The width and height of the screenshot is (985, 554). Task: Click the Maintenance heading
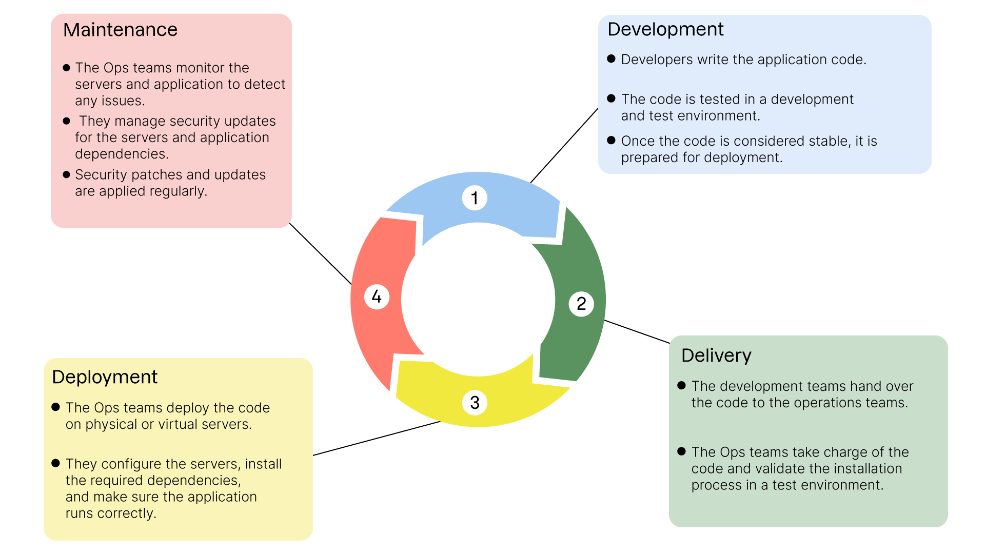[120, 30]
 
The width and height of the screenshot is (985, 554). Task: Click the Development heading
[665, 29]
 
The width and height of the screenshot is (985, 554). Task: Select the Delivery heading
[716, 355]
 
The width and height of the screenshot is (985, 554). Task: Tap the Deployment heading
[105, 377]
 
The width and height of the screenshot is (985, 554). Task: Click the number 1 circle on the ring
[475, 198]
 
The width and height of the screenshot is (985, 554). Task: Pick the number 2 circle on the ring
[581, 304]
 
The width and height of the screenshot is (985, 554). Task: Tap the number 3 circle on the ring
[475, 403]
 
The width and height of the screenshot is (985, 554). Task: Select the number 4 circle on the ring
[377, 296]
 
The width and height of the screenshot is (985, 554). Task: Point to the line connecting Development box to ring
[564, 145]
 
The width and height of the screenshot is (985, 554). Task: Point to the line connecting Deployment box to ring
[377, 438]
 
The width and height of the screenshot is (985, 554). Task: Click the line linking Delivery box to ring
[637, 331]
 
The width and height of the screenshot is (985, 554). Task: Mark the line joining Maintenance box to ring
[321, 254]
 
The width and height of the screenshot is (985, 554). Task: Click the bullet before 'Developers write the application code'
[611, 59]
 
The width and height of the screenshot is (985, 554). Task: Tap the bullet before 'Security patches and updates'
[66, 174]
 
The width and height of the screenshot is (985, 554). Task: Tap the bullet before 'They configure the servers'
[56, 463]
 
